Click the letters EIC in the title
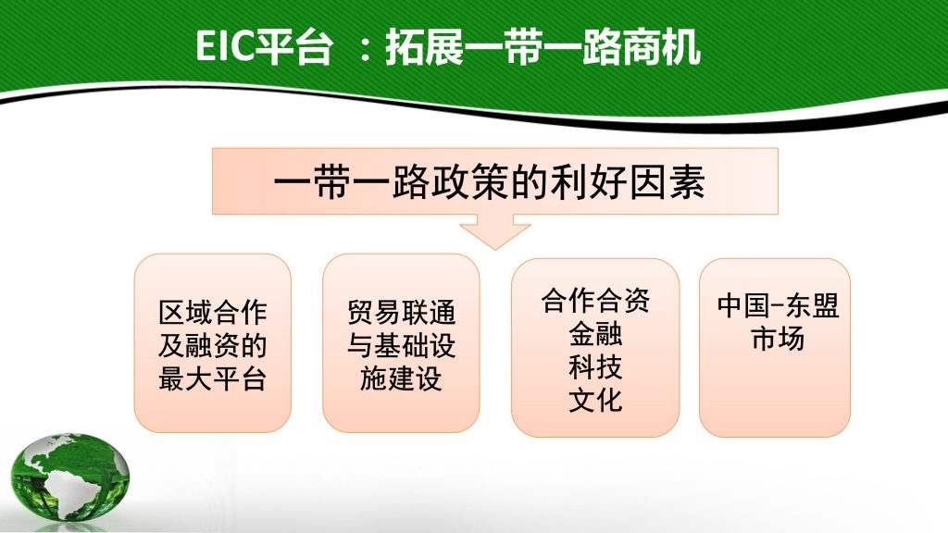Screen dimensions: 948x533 pyautogui.click(x=224, y=46)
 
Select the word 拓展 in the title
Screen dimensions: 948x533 pyautogui.click(x=424, y=46)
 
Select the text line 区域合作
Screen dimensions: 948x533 pyautogui.click(x=212, y=313)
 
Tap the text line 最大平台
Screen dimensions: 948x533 pyautogui.click(x=212, y=378)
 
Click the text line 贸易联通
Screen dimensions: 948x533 pyautogui.click(x=401, y=313)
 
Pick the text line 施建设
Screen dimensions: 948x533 pyautogui.click(x=401, y=378)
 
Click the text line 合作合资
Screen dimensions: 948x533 pyautogui.click(x=595, y=301)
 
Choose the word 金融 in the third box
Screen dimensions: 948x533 pyautogui.click(x=595, y=333)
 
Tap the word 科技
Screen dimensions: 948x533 pyautogui.click(x=595, y=366)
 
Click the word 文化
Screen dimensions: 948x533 pyautogui.click(x=595, y=400)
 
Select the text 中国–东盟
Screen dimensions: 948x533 pyautogui.click(x=778, y=305)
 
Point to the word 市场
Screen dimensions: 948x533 pyautogui.click(x=778, y=339)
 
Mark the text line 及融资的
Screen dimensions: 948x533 pyautogui.click(x=212, y=346)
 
